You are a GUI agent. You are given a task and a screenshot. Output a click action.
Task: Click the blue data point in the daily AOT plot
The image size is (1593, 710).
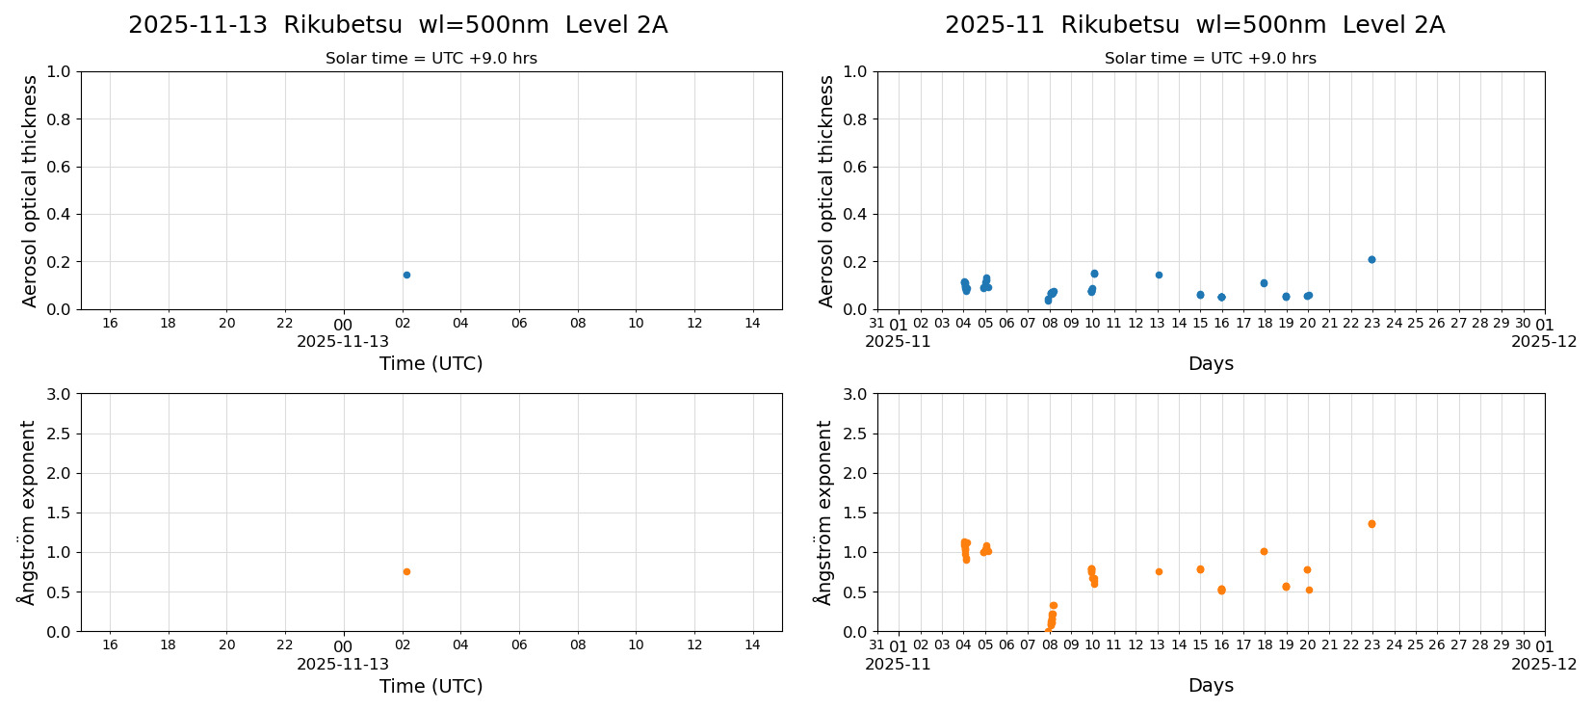(406, 275)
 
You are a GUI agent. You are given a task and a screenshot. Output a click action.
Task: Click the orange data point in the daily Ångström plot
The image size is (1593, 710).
(406, 571)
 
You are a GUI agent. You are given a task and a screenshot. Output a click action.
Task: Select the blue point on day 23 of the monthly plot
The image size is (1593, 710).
(1371, 259)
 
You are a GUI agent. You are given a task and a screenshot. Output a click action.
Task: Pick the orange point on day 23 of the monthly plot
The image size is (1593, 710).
(1371, 524)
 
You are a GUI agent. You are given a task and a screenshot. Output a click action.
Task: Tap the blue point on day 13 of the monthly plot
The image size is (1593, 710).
(1159, 275)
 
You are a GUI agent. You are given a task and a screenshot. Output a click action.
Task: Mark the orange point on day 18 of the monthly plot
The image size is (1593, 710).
(1264, 551)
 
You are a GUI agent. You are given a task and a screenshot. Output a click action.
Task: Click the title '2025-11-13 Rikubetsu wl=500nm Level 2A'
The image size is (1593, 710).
(398, 25)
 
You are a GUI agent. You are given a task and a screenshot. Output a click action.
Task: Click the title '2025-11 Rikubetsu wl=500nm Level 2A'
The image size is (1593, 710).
(1194, 25)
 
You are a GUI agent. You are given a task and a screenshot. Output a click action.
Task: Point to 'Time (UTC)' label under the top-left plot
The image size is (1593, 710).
(431, 363)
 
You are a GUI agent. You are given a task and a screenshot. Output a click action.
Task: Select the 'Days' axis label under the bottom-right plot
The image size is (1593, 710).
(1211, 685)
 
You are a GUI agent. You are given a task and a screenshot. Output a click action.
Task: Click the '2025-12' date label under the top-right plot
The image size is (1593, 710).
(1544, 341)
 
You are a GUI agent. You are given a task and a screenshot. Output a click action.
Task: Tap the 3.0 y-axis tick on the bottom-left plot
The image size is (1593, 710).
(60, 394)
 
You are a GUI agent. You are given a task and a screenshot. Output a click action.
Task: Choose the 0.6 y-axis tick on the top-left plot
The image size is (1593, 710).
(60, 167)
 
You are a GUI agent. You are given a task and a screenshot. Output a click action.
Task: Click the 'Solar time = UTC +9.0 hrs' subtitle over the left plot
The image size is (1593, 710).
(431, 59)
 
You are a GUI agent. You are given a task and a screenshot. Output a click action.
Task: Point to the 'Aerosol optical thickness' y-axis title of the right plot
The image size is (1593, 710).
(826, 191)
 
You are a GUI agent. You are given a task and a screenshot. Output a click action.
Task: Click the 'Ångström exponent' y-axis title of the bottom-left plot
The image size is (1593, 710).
(27, 513)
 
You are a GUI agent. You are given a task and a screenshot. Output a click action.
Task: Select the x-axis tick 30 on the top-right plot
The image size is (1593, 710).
(1523, 324)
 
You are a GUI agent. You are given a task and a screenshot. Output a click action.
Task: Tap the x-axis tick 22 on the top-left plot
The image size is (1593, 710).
(285, 323)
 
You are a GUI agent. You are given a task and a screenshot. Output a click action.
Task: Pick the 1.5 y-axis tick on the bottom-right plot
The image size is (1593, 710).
(856, 513)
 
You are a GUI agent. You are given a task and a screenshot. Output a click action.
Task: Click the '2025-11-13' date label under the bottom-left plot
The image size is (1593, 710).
(343, 664)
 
